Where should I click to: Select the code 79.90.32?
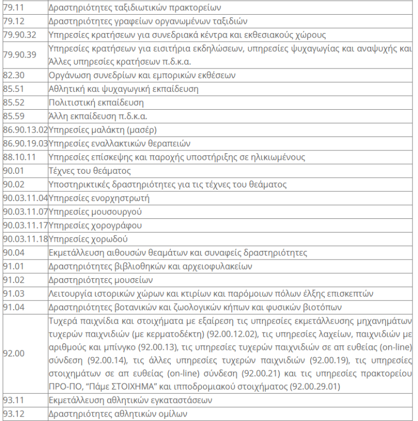19,35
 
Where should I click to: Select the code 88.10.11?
18,157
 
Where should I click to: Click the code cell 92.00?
13,353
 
